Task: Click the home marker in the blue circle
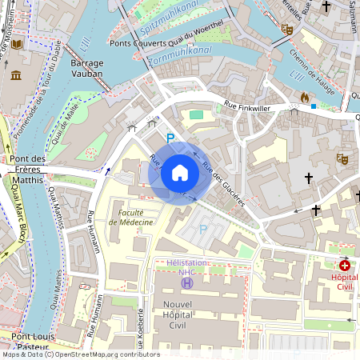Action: [180, 173]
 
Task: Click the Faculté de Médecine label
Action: [130, 217]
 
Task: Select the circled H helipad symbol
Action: [187, 282]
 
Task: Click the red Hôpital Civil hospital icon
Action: [345, 265]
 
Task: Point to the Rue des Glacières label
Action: [222, 182]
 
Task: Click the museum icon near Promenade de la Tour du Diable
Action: [17, 75]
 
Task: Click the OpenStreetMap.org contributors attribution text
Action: [104, 354]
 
